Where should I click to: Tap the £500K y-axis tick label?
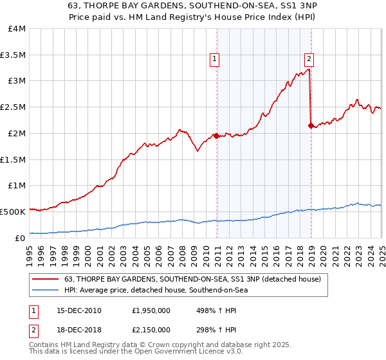click(13, 211)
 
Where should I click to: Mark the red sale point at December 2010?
click(216, 136)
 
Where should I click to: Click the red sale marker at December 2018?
click(311, 125)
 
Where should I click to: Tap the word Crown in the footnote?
click(153, 346)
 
